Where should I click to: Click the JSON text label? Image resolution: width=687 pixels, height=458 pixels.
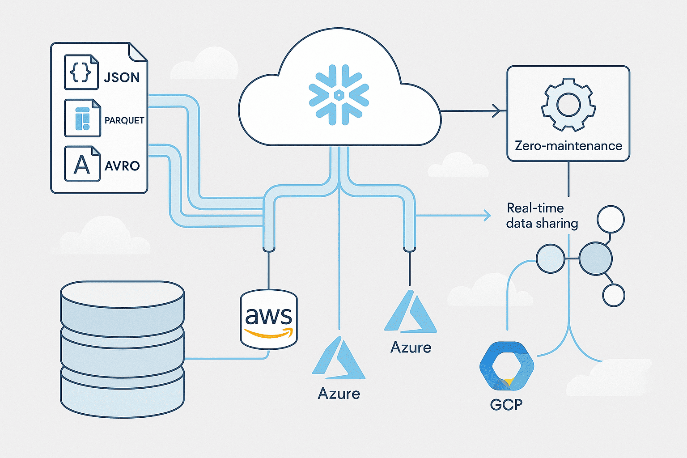[122, 77]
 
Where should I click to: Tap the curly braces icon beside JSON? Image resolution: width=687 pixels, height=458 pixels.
[81, 72]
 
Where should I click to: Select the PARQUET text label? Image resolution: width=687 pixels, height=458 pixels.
[124, 120]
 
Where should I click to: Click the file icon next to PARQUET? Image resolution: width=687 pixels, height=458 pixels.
[82, 118]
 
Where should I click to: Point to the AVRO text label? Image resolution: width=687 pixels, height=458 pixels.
[122, 166]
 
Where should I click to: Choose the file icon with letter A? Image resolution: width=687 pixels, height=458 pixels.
[82, 164]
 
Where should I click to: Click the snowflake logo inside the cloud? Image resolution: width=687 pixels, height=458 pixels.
[339, 95]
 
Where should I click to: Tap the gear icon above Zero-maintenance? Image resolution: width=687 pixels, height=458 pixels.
[568, 104]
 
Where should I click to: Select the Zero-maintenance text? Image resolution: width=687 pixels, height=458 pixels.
[568, 146]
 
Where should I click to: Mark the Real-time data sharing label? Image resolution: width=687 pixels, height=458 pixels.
[542, 216]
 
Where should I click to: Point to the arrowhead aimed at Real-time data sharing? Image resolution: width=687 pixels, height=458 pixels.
[487, 216]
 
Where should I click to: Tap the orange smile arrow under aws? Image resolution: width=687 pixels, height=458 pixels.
[269, 333]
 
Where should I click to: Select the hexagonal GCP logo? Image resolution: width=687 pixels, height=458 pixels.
[506, 366]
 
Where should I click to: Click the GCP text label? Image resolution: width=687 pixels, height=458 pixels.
[506, 404]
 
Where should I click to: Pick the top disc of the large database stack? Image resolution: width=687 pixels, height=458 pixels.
[122, 297]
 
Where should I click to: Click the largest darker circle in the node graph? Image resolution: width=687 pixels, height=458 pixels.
[595, 259]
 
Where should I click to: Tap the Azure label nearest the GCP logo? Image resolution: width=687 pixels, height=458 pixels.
[411, 348]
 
